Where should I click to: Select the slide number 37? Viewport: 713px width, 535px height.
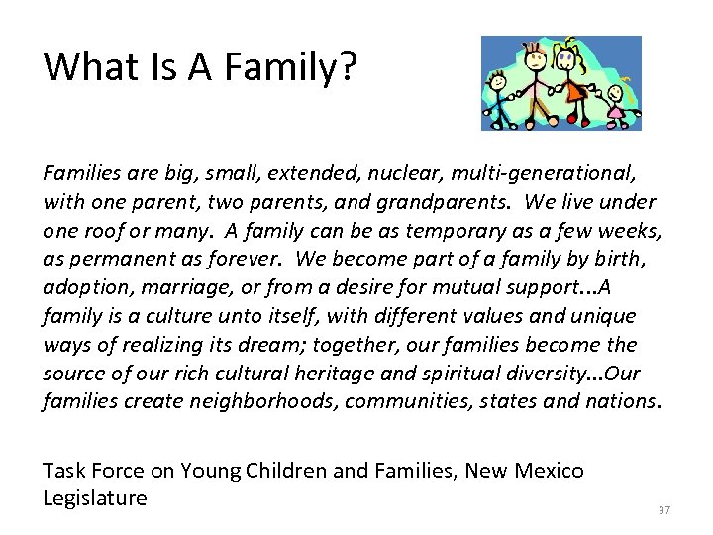[x=664, y=509]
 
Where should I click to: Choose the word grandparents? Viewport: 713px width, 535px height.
[x=451, y=203]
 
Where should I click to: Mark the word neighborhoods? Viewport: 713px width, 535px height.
[x=255, y=402]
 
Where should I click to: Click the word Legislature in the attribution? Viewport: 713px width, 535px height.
[x=95, y=498]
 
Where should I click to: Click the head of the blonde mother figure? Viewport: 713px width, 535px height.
[x=567, y=58]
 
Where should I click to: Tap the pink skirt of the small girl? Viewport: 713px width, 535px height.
[x=615, y=112]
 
